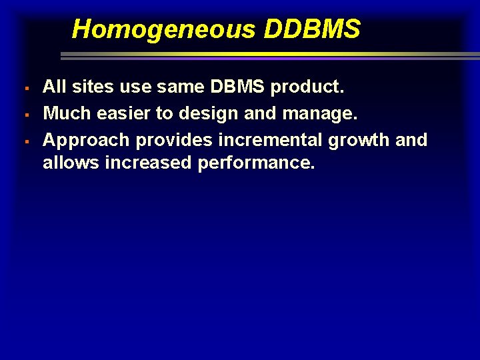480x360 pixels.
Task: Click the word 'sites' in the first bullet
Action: coord(89,87)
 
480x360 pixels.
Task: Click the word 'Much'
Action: coord(67,113)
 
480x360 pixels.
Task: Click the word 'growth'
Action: coord(365,140)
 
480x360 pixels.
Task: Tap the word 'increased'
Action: coord(149,163)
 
